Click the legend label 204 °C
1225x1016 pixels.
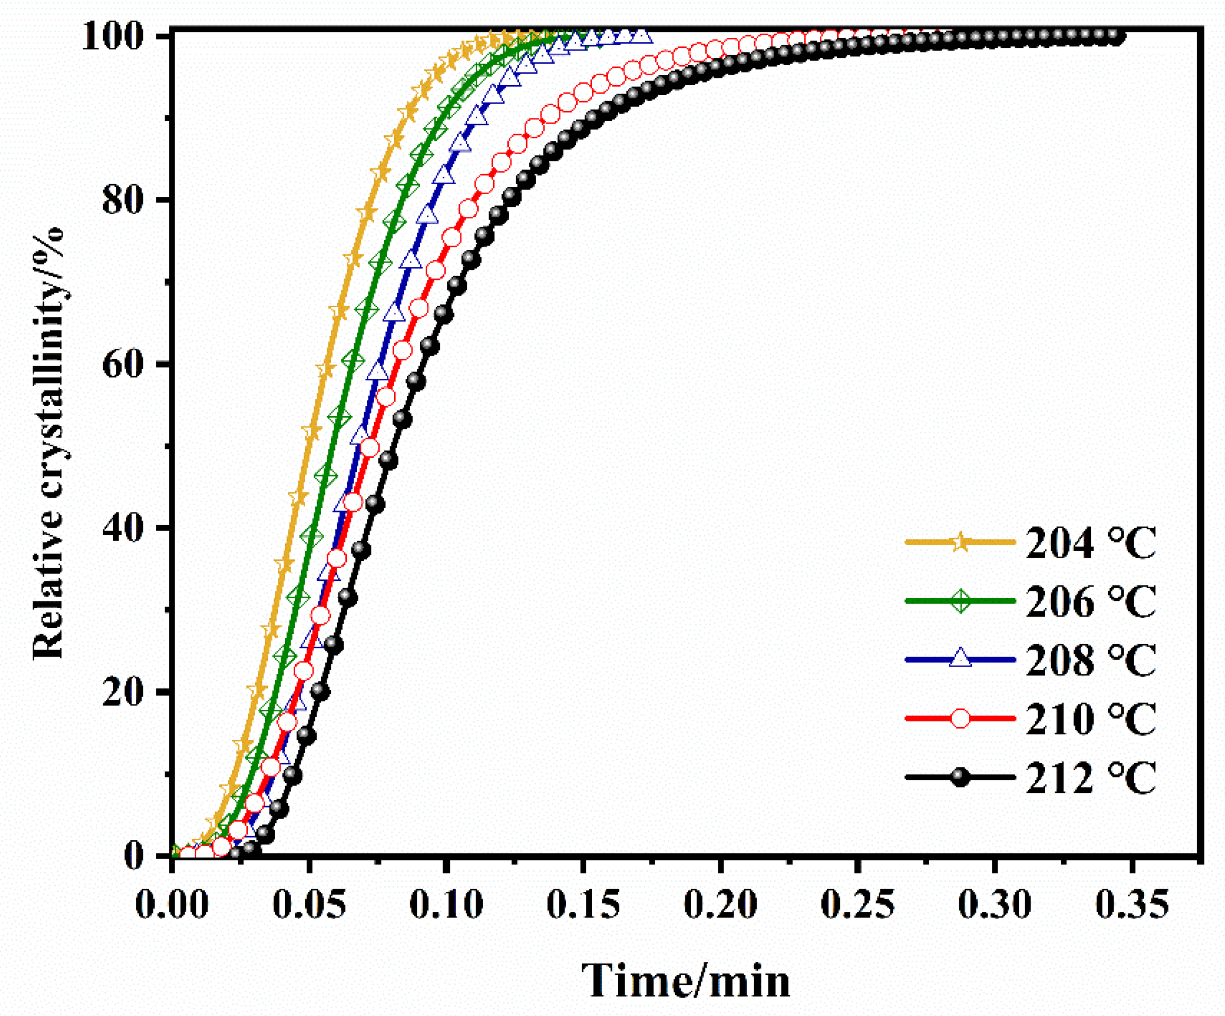click(1090, 543)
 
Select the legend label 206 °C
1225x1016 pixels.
click(1090, 601)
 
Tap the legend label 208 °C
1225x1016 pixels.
click(1090, 660)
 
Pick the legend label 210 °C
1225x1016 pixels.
click(1090, 719)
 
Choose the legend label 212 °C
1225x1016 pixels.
click(1090, 778)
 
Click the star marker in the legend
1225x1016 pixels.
click(960, 542)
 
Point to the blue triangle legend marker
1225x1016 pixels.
click(960, 660)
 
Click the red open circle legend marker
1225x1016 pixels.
click(960, 718)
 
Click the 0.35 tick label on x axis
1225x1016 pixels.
click(1132, 904)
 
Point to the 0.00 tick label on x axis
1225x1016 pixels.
click(172, 904)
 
